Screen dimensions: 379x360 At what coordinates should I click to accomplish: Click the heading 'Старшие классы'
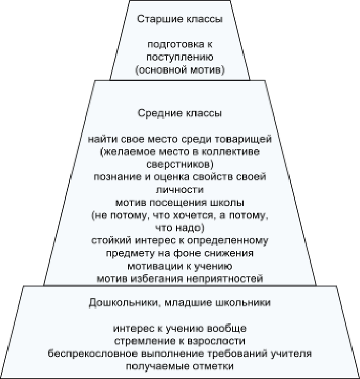point(180,19)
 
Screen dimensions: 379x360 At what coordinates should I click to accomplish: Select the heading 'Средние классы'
point(180,112)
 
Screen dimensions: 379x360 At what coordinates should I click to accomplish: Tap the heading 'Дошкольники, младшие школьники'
point(180,303)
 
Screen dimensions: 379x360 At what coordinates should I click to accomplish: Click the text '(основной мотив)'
point(180,70)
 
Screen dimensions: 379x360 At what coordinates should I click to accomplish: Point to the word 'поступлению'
point(180,57)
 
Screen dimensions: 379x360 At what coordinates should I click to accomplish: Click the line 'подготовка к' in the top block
point(180,45)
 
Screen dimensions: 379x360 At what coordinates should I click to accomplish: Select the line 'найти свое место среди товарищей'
point(180,139)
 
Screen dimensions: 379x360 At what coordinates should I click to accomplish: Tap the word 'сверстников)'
point(180,165)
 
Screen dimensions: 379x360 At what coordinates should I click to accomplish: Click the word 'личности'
point(180,189)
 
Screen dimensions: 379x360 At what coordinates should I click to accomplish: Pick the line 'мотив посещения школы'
point(180,202)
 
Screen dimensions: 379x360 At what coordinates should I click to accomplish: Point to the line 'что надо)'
point(180,227)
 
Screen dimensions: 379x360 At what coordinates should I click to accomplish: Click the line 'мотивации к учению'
point(180,265)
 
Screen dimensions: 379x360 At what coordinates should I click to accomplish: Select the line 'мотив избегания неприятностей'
point(180,278)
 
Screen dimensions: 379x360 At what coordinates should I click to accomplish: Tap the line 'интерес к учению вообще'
point(180,328)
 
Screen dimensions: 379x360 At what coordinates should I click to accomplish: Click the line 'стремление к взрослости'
point(180,340)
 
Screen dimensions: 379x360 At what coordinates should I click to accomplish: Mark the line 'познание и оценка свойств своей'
point(180,177)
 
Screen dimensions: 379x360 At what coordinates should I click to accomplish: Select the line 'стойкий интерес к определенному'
point(180,240)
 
